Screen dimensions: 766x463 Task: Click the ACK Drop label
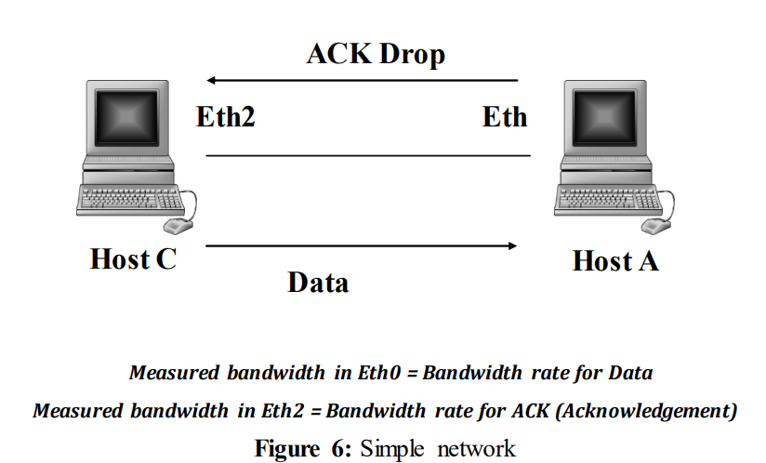(376, 54)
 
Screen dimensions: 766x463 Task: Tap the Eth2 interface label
(225, 117)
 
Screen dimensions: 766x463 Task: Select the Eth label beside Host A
(505, 117)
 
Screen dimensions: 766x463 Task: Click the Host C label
(133, 259)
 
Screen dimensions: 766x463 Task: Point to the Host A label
(615, 261)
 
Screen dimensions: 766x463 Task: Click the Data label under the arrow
(318, 282)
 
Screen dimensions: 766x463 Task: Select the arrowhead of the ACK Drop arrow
(213, 81)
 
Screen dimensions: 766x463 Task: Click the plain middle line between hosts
(367, 155)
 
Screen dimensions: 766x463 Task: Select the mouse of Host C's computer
(178, 224)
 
